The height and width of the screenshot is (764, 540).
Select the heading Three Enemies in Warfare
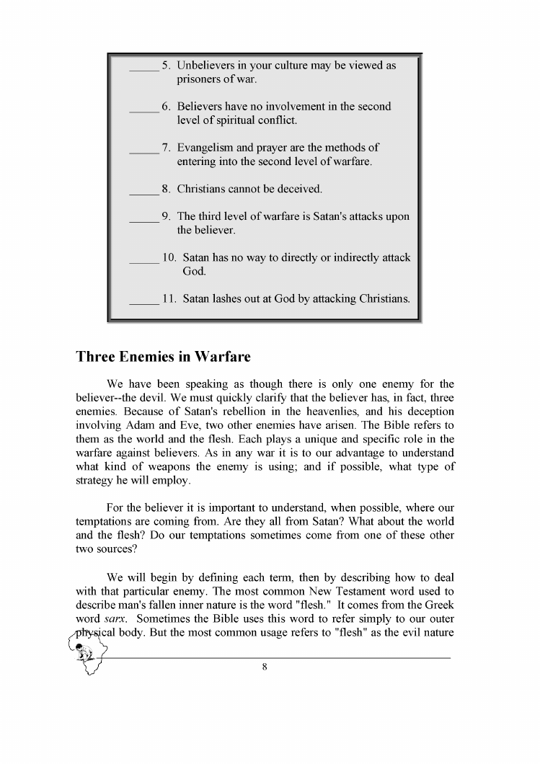point(163,357)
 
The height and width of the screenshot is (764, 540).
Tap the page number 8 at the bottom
point(265,667)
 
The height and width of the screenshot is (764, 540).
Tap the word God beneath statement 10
point(194,272)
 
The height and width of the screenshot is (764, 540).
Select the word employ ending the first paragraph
point(170,480)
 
